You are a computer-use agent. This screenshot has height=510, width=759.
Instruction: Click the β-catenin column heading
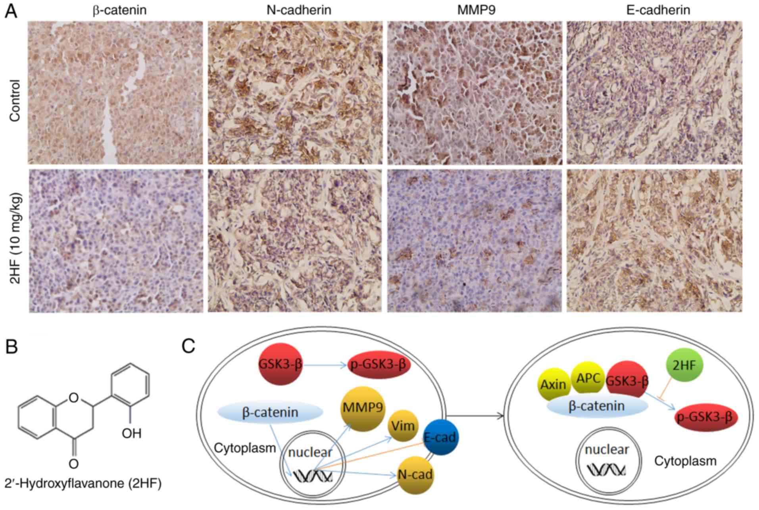tap(119, 10)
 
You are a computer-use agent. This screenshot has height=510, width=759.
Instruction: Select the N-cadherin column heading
tap(299, 10)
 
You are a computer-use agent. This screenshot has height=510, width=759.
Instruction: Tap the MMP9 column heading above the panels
tap(476, 10)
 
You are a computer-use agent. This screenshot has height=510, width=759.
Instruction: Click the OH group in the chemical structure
tap(131, 433)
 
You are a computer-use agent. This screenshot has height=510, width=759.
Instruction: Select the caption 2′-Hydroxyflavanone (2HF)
tap(83, 484)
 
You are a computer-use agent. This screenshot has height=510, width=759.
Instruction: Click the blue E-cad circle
tap(440, 437)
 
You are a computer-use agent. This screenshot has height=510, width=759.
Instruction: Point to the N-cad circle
tap(415, 475)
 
